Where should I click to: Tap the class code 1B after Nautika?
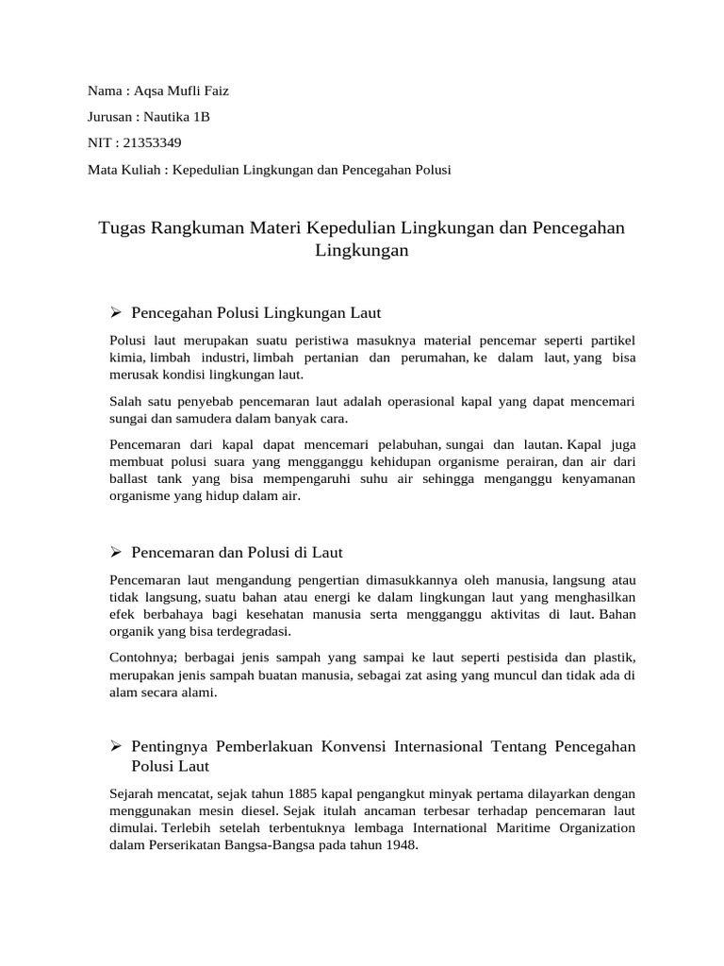coord(201,117)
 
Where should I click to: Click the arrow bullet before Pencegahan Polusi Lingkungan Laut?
coord(117,311)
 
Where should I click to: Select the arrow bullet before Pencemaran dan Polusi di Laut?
coord(117,552)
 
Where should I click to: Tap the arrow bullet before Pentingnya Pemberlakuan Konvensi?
coord(117,746)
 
